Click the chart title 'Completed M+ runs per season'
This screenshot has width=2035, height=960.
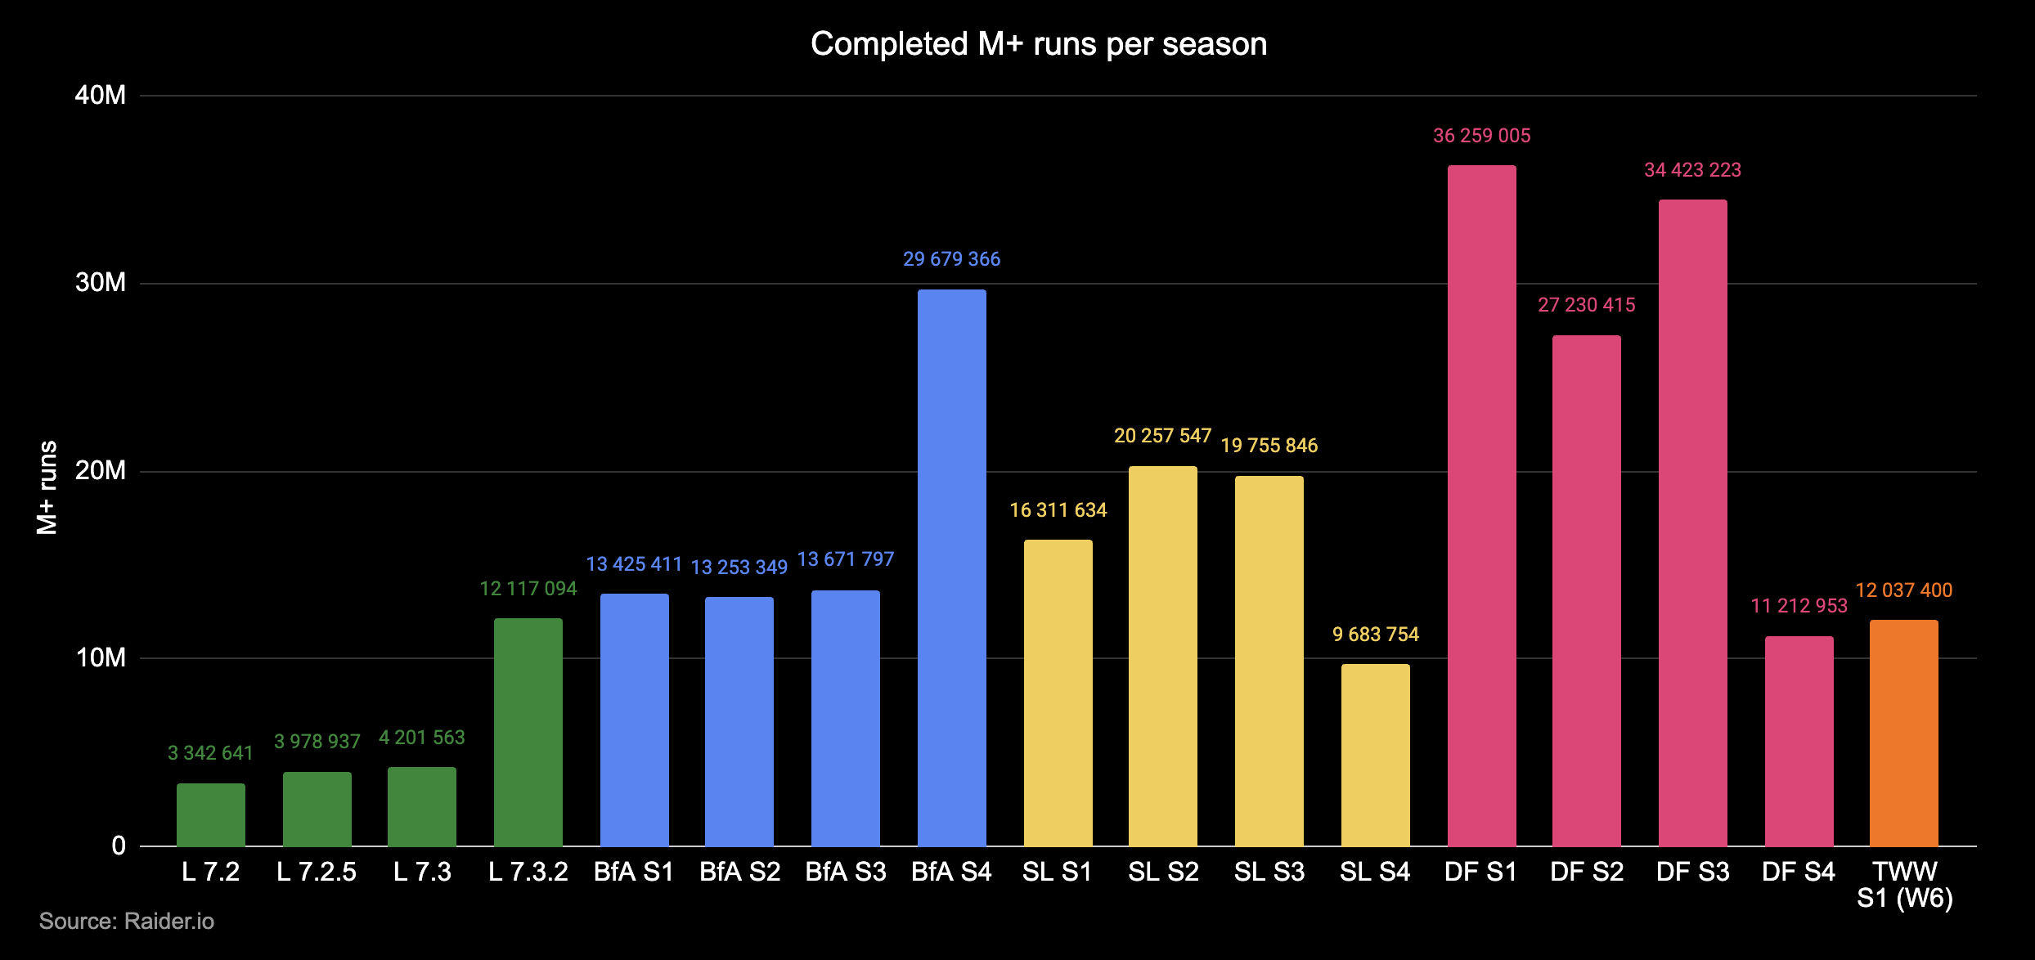coord(1038,44)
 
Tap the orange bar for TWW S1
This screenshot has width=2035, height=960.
coord(1903,733)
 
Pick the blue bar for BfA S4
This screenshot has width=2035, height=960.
coord(951,567)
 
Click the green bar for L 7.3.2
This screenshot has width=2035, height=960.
coord(528,732)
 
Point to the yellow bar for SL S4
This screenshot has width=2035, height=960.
coord(1375,755)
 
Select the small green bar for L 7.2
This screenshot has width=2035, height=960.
coord(210,814)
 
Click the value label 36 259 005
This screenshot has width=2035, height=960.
coord(1481,136)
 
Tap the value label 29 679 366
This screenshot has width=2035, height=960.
coord(951,259)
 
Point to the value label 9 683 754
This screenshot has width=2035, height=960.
coord(1375,635)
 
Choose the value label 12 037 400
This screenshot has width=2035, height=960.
coord(1903,590)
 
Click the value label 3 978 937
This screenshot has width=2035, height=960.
coord(317,742)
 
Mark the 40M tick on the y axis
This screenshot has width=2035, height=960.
coord(101,96)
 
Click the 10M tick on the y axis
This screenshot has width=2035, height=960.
coord(101,658)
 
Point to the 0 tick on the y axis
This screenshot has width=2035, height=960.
coord(119,846)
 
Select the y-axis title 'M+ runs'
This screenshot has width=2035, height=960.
coord(47,487)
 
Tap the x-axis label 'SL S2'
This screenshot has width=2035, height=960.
coord(1163,873)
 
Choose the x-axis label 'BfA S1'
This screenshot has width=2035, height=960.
coord(634,873)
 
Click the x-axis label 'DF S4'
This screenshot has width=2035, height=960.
coord(1799,873)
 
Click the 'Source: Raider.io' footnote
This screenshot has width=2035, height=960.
coord(127,922)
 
